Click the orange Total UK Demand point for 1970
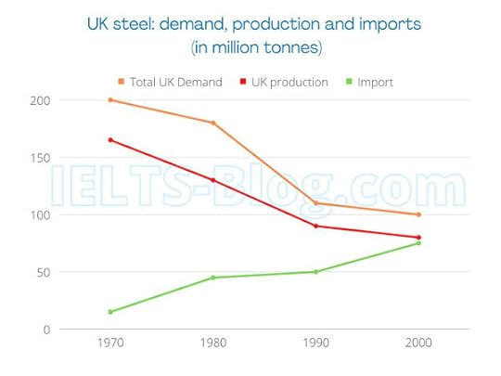coord(110,99)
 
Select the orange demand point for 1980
coord(213,123)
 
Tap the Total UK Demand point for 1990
coord(316,202)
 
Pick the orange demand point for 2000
coord(419,214)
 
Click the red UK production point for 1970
coord(110,140)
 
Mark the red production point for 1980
coord(213,180)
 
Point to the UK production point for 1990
coord(316,226)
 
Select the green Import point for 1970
coord(110,312)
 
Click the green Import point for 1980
coord(213,278)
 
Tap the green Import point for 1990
coord(316,272)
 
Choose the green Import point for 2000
coord(419,243)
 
